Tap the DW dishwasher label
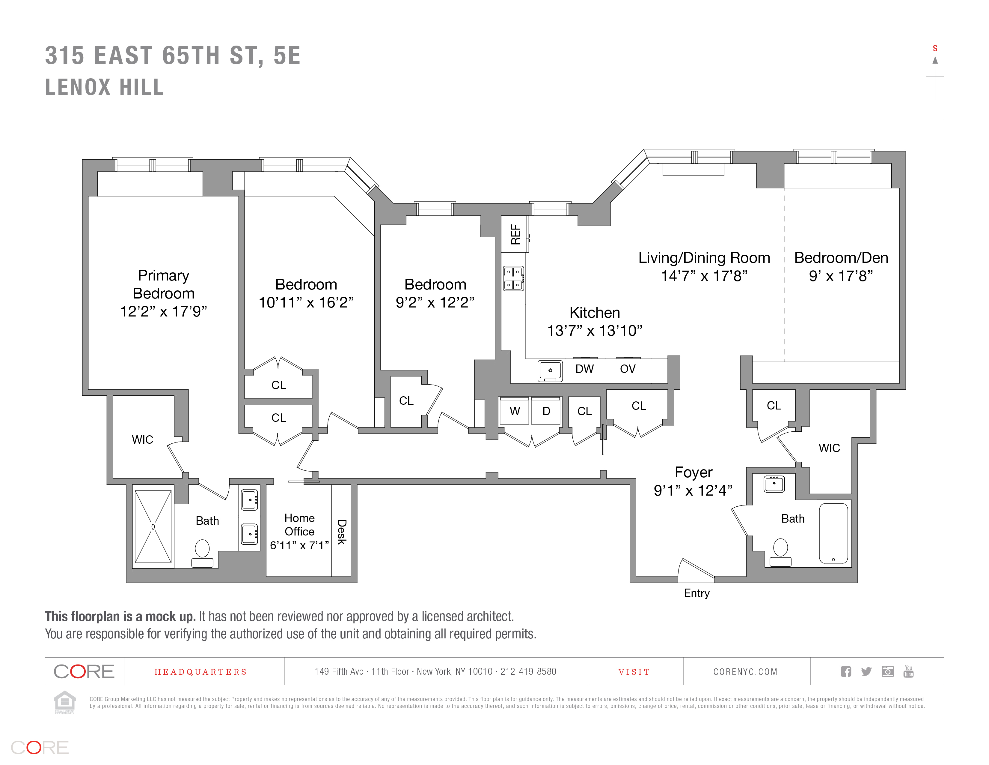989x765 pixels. [584, 369]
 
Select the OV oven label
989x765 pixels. [628, 369]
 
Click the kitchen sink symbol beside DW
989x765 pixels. [550, 371]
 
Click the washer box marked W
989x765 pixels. [514, 411]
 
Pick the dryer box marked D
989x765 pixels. [546, 411]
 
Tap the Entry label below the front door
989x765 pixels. [696, 593]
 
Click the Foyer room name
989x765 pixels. [693, 472]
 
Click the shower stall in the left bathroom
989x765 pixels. [153, 526]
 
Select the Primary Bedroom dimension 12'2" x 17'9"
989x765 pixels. [163, 312]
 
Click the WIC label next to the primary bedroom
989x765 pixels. [142, 439]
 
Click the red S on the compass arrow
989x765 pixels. [935, 49]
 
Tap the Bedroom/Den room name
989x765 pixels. [841, 258]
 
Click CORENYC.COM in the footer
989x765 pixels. [745, 672]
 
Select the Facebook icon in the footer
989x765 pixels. [845, 672]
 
